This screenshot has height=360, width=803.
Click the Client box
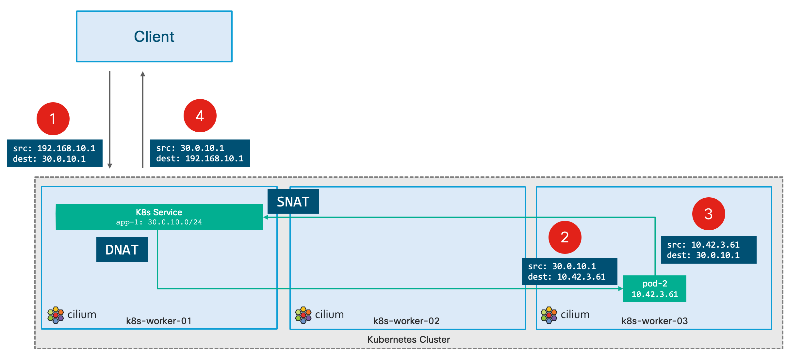click(154, 36)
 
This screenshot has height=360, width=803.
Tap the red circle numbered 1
click(53, 119)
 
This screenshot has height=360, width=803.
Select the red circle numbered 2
click(565, 237)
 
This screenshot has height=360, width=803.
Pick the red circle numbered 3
click(709, 214)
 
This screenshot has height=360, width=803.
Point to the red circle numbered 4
click(200, 116)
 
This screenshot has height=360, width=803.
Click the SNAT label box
click(293, 202)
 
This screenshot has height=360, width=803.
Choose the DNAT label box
click(122, 250)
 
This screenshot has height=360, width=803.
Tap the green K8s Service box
click(159, 217)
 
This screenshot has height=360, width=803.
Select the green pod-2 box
click(655, 288)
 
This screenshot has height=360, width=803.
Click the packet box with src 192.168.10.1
click(55, 153)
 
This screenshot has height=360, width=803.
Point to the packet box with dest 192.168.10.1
click(200, 153)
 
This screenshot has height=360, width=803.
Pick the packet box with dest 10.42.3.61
click(569, 271)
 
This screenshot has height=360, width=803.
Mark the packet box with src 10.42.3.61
click(709, 250)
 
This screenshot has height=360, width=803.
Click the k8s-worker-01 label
click(159, 321)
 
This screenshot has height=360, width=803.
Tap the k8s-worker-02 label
click(406, 321)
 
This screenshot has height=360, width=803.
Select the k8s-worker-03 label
click(655, 321)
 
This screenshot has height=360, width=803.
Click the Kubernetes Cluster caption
click(408, 339)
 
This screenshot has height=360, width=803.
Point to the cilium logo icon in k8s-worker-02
click(303, 315)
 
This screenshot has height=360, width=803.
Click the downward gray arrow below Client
click(110, 120)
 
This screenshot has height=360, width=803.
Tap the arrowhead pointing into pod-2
click(621, 288)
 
